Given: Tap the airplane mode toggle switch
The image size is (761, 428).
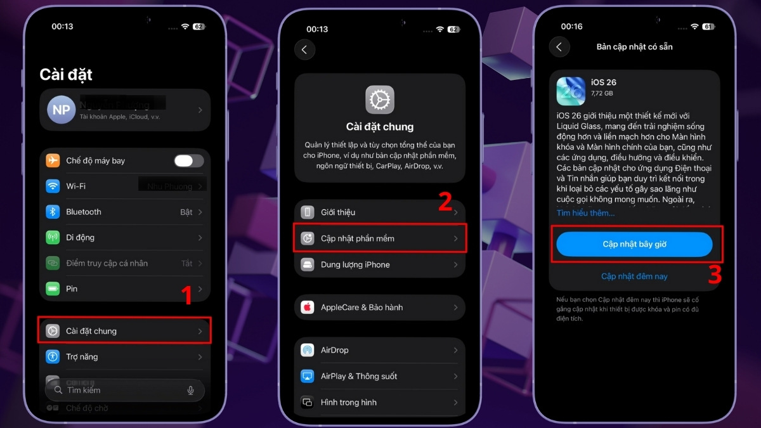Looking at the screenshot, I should point(189,160).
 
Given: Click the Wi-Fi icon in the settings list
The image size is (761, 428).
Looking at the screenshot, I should point(53,186).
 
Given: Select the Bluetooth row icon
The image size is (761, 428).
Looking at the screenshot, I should point(53,212).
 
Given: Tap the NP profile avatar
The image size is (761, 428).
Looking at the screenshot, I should point(62,110).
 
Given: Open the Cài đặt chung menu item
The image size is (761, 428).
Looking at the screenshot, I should point(124,331).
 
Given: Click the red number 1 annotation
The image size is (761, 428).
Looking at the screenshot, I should point(187,295).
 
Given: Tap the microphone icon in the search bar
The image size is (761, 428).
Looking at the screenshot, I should point(190,390).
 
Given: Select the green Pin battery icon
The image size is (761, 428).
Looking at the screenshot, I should point(53,289).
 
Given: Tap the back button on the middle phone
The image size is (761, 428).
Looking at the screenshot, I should point(304,49).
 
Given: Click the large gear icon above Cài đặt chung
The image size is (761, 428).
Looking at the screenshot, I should point(380,100).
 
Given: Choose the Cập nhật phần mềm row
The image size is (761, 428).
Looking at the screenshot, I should point(380,238).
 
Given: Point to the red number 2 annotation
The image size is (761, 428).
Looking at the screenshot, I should point(445,202).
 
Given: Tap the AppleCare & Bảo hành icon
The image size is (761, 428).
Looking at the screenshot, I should point(308,307).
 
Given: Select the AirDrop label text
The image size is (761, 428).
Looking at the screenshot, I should point(334,350).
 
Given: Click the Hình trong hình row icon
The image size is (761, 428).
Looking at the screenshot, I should point(308,402).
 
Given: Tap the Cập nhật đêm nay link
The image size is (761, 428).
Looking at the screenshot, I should point(634,276).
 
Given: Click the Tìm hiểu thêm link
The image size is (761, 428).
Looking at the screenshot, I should point(585,213).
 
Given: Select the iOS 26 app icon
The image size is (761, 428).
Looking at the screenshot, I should point(571,91).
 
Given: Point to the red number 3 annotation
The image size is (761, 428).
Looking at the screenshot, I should point(715,275).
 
